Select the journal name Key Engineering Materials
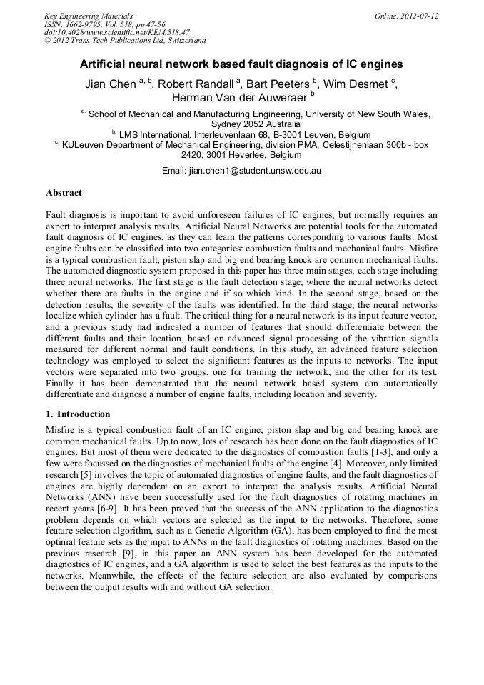[x=89, y=16]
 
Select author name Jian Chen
[x=111, y=84]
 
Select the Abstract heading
[x=64, y=193]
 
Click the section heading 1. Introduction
[x=78, y=414]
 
